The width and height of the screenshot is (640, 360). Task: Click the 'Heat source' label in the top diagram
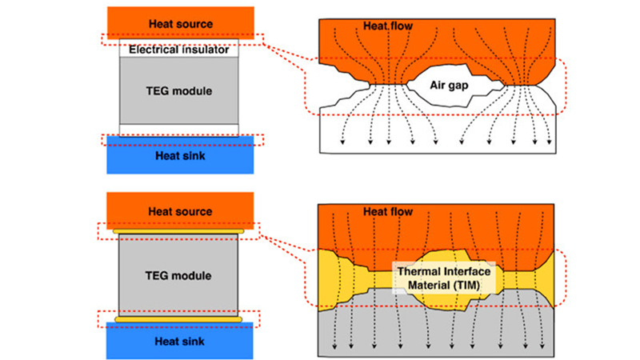pyautogui.click(x=181, y=23)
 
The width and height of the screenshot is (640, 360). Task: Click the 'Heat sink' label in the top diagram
pyautogui.click(x=181, y=155)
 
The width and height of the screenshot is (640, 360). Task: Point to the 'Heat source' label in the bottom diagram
pyautogui.click(x=181, y=212)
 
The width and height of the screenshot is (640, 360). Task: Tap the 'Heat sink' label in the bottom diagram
pyautogui.click(x=181, y=341)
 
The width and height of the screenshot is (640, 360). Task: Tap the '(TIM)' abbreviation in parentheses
pyautogui.click(x=474, y=284)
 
